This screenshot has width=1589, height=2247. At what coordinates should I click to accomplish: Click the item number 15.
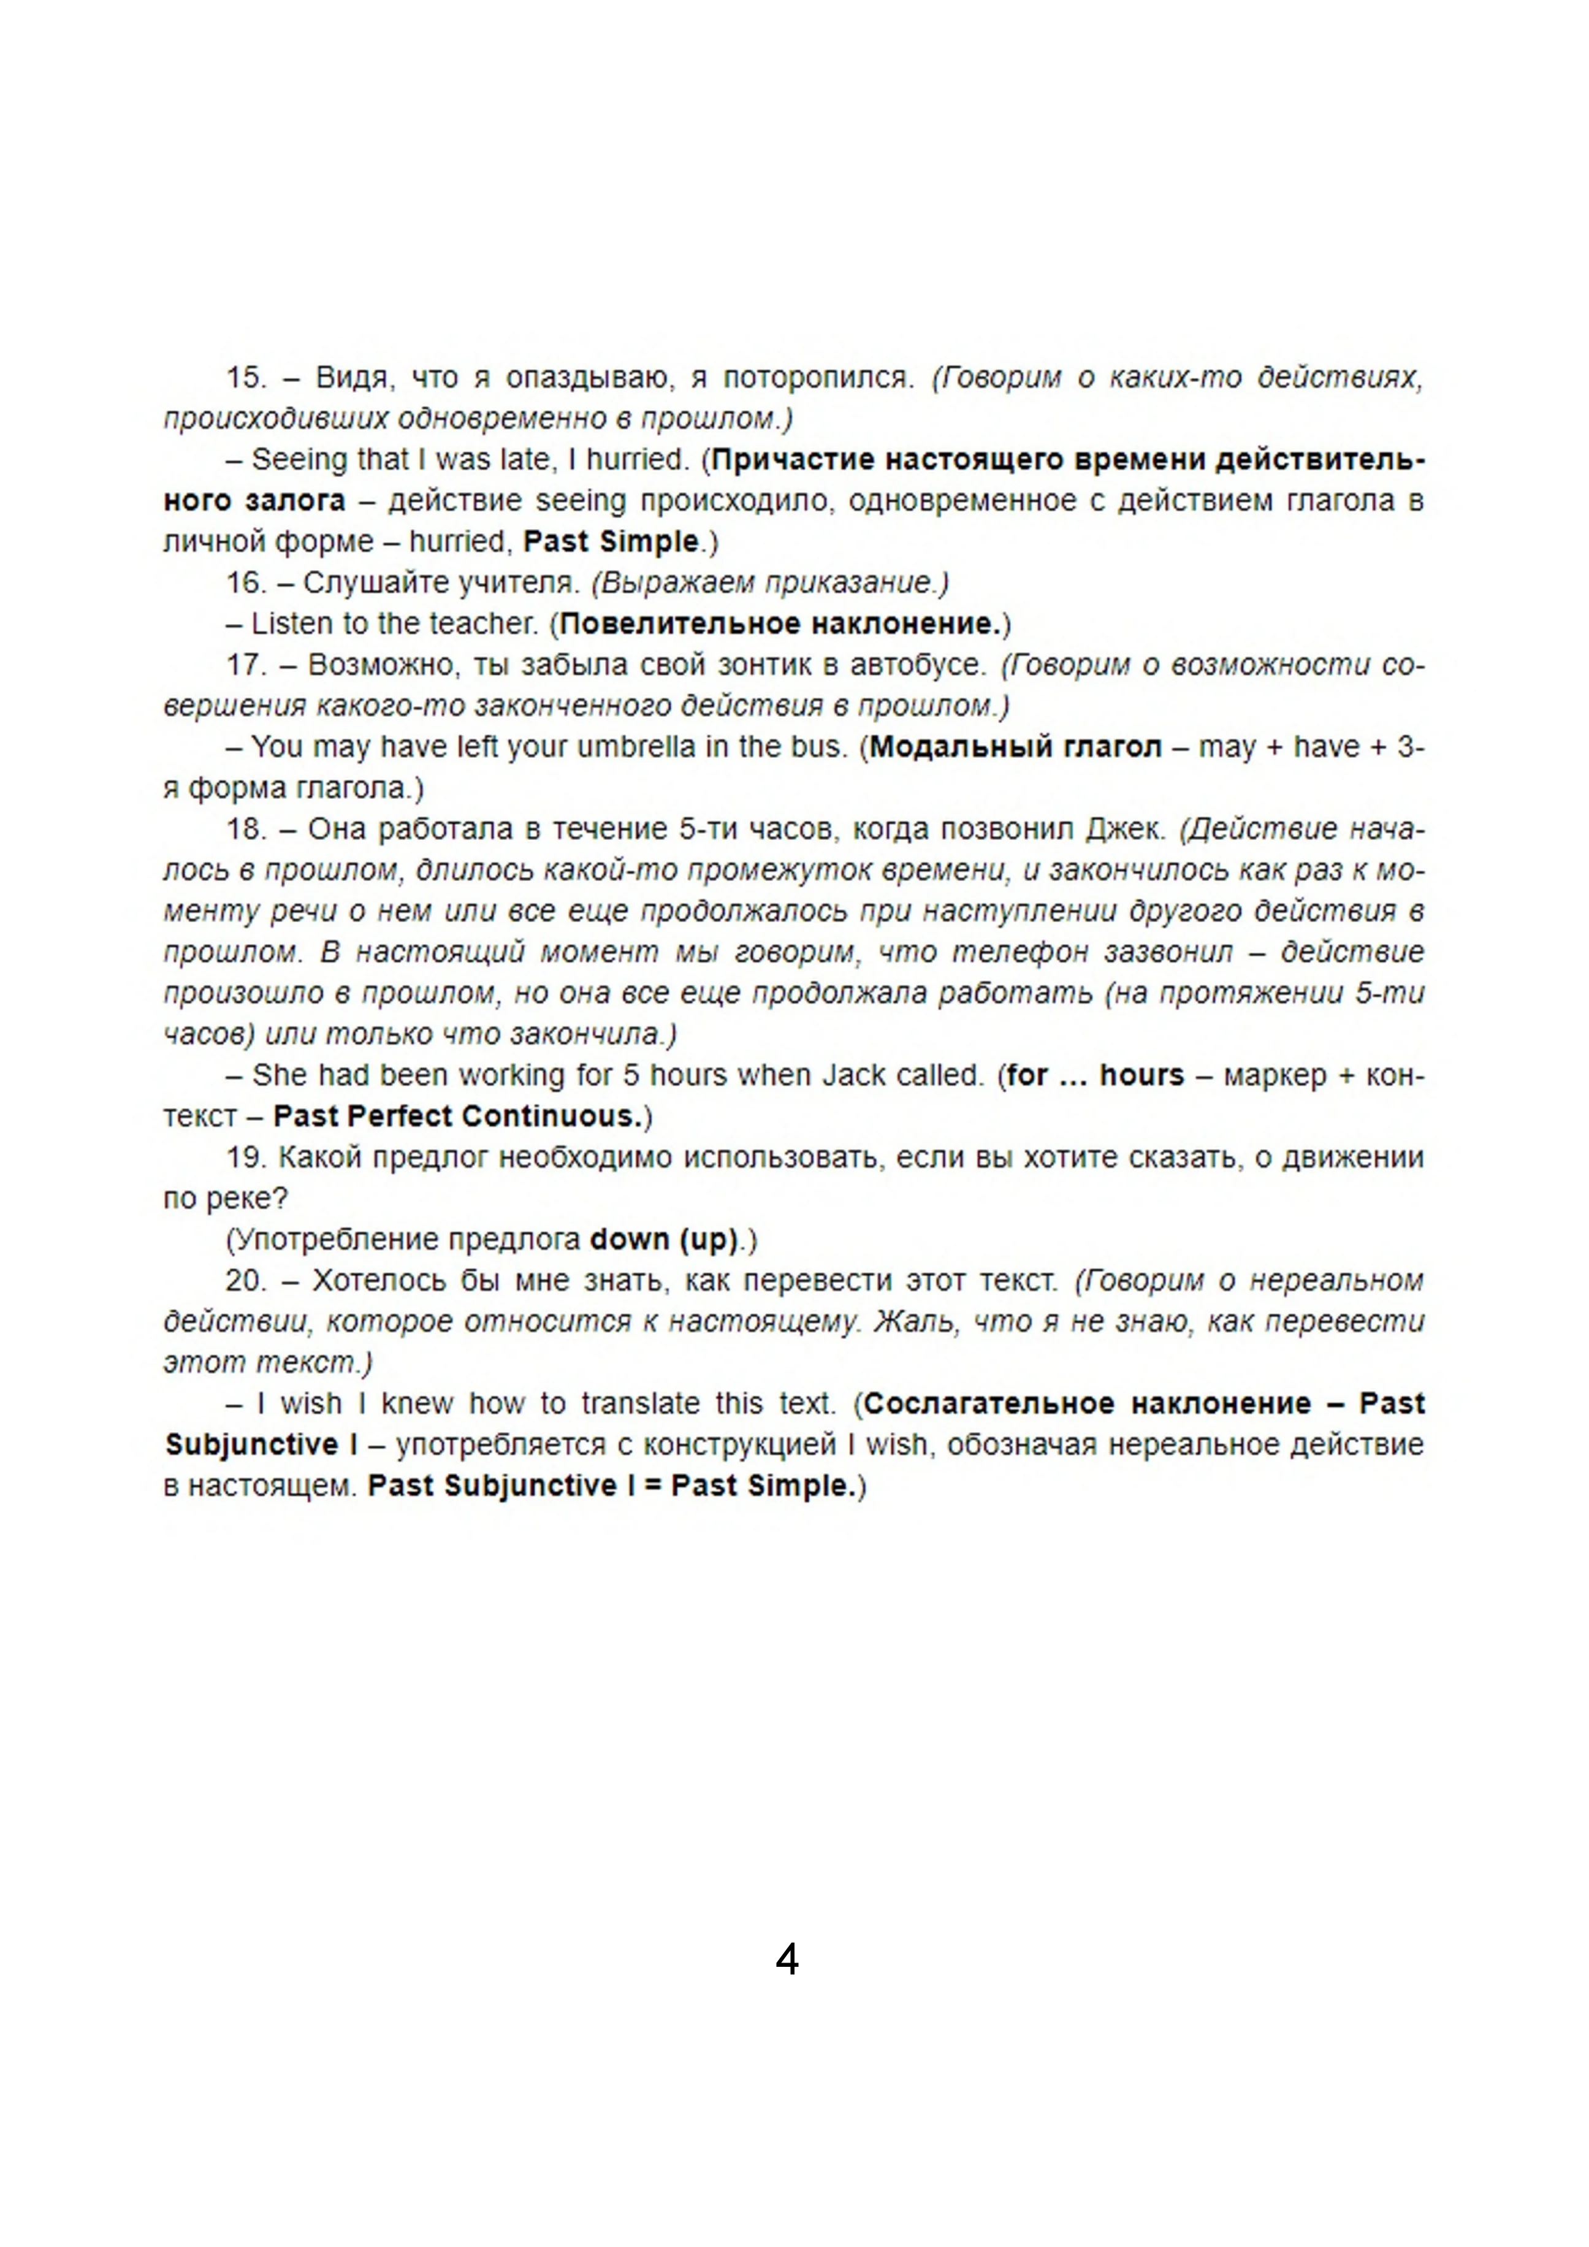(x=246, y=377)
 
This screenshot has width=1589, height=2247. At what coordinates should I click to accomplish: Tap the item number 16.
(x=246, y=582)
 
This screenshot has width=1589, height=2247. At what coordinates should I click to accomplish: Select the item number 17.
(x=246, y=665)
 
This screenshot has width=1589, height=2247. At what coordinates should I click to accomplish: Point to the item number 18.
(x=246, y=829)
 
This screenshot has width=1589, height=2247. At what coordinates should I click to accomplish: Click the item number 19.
(x=246, y=1158)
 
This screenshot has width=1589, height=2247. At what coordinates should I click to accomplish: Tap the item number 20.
(x=246, y=1281)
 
